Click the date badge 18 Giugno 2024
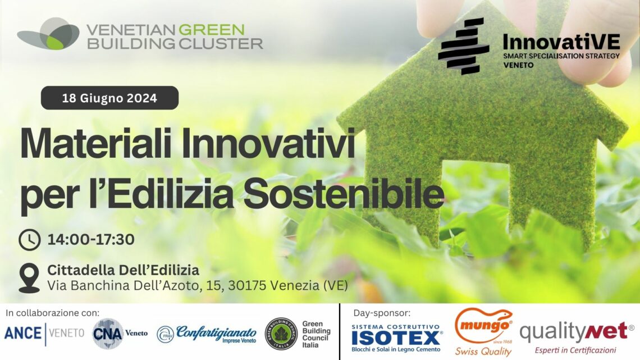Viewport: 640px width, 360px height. coord(109,98)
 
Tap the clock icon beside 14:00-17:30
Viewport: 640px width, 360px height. coord(29,240)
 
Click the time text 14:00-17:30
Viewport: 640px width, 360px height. coord(91,240)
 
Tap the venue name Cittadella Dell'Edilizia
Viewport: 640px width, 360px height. coord(124,270)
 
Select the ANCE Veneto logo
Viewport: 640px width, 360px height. coord(44,334)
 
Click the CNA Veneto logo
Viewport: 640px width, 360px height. coord(120,334)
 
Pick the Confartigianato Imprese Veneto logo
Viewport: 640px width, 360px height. coord(207,334)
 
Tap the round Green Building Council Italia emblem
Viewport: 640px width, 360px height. coord(281,334)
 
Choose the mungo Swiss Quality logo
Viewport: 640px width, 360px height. coord(484,332)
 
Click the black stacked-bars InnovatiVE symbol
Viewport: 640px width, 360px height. coord(463,46)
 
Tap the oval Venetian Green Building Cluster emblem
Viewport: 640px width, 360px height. coord(48,34)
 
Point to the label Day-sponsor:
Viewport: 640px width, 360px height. coord(382,313)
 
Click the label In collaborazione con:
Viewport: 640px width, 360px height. coord(52,313)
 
